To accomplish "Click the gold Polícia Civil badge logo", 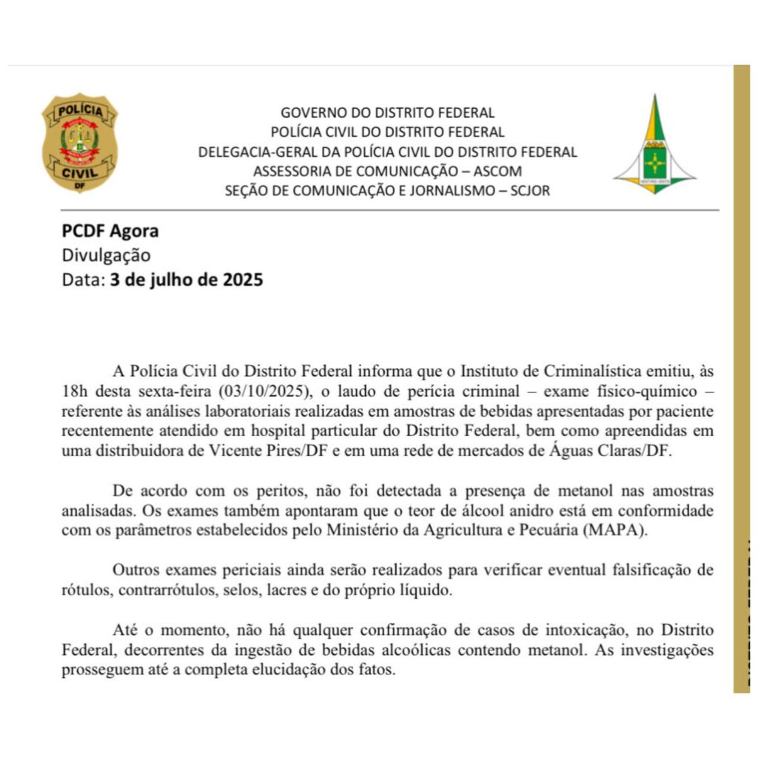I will [79, 143].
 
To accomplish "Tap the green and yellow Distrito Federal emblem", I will [654, 146].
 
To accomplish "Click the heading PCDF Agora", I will [110, 231].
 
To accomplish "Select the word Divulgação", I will [106, 255].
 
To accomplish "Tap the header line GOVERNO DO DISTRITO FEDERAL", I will [387, 113].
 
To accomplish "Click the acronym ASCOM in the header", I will [496, 171].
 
